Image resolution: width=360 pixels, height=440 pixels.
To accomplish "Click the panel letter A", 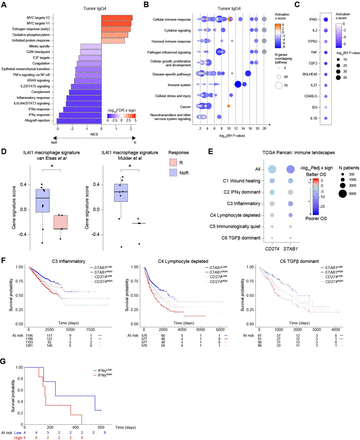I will click(5, 6).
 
